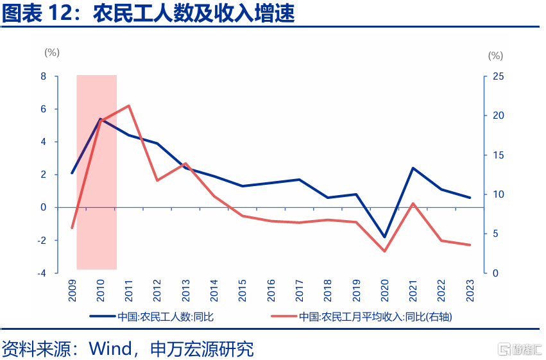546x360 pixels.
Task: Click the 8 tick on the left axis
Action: click(x=44, y=76)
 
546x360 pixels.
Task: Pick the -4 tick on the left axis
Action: click(x=42, y=273)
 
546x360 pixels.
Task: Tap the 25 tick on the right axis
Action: click(x=498, y=76)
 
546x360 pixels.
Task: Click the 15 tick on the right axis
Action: click(x=498, y=155)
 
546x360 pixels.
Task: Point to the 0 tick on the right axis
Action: click(x=495, y=273)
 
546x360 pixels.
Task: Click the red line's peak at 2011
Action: click(x=129, y=106)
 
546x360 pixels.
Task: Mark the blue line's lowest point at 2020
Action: click(x=385, y=237)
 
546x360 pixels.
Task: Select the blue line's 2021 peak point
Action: click(x=413, y=168)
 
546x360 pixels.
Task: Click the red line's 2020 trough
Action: click(x=385, y=251)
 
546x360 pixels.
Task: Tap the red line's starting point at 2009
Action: click(x=72, y=228)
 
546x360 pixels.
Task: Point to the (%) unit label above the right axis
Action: click(x=495, y=56)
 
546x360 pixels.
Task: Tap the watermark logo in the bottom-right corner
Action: click(x=520, y=349)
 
